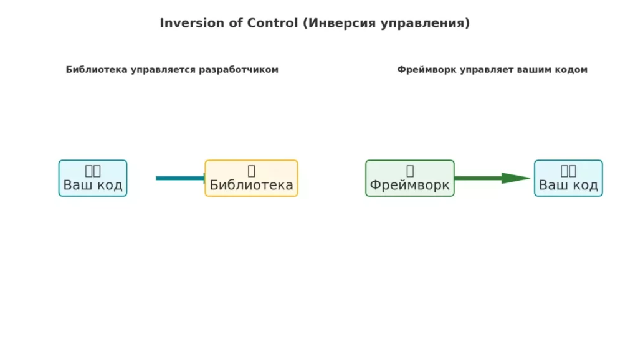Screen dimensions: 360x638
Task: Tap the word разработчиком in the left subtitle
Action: (x=238, y=70)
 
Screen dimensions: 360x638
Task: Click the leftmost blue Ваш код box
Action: (x=93, y=178)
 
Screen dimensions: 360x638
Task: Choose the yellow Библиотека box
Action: (x=251, y=178)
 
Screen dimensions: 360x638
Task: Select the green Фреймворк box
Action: (x=409, y=178)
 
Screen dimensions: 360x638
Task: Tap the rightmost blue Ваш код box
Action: (x=568, y=178)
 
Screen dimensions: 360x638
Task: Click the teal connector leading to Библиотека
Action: (x=180, y=178)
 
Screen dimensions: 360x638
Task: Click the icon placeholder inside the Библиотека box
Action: (x=251, y=171)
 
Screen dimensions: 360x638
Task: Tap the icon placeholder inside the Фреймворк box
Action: (x=410, y=171)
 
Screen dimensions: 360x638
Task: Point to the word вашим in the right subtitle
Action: (x=533, y=70)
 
